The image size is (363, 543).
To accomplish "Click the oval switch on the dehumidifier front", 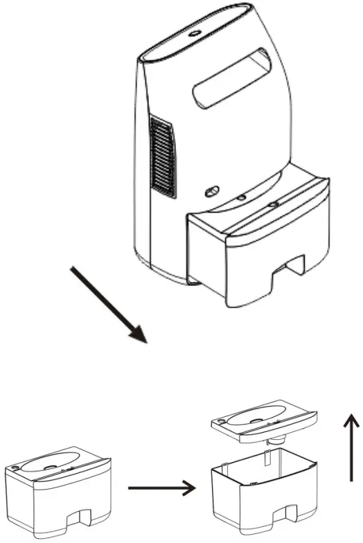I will point(211,190).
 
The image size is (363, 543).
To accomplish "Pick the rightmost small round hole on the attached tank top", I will point(272,205).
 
